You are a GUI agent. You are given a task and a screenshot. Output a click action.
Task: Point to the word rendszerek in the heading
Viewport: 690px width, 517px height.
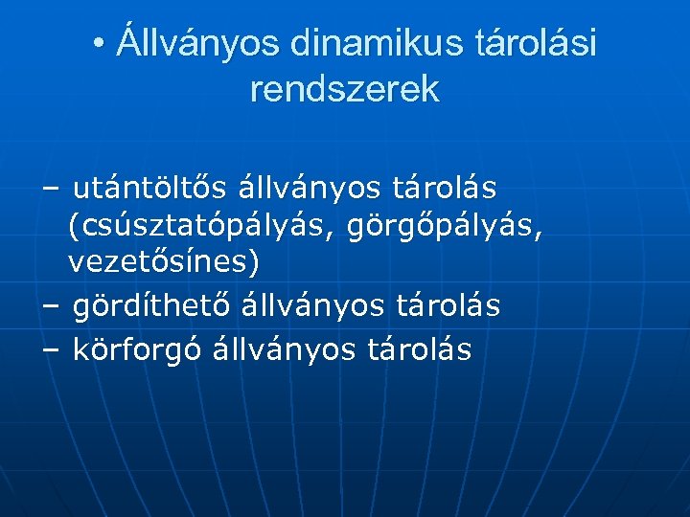tap(344, 89)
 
